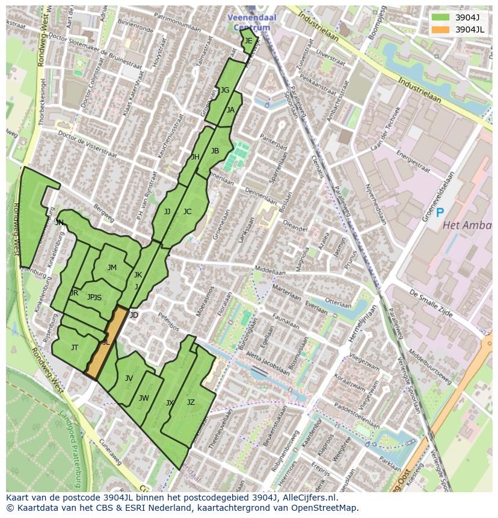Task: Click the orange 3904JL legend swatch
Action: pyautogui.click(x=440, y=29)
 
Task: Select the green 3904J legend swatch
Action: pyautogui.click(x=440, y=17)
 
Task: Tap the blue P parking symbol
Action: pyautogui.click(x=440, y=212)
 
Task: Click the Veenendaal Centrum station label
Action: pyautogui.click(x=252, y=22)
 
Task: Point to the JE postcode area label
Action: pyautogui.click(x=248, y=41)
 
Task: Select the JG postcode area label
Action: pyautogui.click(x=225, y=90)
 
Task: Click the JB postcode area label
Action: pyautogui.click(x=215, y=151)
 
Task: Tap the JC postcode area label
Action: pyautogui.click(x=187, y=212)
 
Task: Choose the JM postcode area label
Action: pyautogui.click(x=112, y=268)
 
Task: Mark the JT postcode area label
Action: pyautogui.click(x=75, y=348)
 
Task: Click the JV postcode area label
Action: pyautogui.click(x=129, y=378)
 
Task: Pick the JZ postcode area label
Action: pyautogui.click(x=191, y=402)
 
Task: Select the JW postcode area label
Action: pyautogui.click(x=144, y=398)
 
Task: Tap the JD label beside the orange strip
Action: pyautogui.click(x=134, y=315)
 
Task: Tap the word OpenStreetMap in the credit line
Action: pyautogui.click(x=324, y=508)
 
